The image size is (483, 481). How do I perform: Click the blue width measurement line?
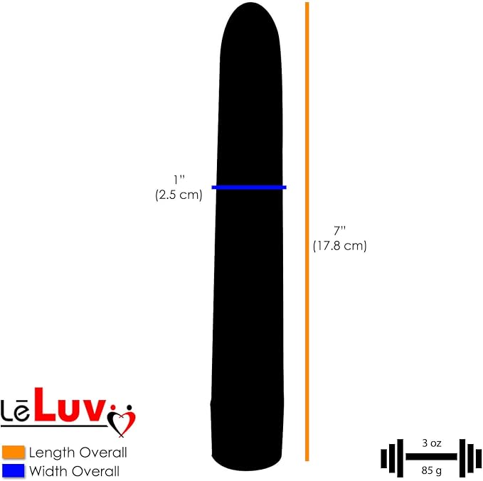[x=249, y=187]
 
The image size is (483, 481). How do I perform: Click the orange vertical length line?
[x=307, y=232]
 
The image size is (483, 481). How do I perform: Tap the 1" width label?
[x=179, y=180]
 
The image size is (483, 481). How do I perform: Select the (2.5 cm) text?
[x=179, y=195]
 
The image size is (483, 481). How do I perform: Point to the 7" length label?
[x=339, y=230]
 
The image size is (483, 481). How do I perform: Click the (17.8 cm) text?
[x=340, y=246]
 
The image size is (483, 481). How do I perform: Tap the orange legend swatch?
[x=14, y=452]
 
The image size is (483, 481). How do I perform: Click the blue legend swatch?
[x=14, y=471]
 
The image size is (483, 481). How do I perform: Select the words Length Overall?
[x=78, y=453]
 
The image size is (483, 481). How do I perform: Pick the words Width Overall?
[x=74, y=471]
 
